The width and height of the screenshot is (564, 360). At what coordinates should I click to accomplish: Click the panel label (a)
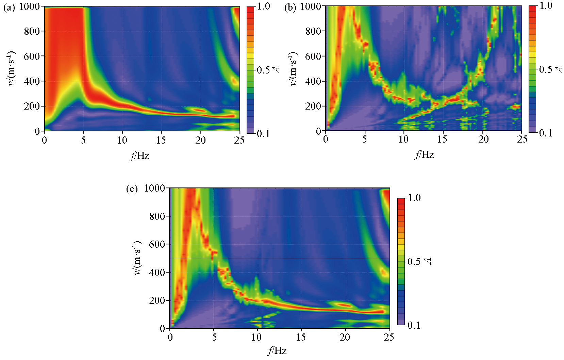[x=9, y=7]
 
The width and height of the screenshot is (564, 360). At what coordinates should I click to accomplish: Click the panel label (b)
[x=290, y=7]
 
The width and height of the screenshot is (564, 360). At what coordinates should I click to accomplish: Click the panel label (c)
[x=132, y=189]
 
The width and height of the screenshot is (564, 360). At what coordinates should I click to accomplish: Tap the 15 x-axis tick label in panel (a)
[x=161, y=140]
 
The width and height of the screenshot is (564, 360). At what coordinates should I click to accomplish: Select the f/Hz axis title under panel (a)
[x=139, y=156]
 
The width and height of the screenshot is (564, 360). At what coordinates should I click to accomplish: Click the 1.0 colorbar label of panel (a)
[x=263, y=6]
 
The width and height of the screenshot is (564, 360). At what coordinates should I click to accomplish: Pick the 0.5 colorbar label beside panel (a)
[x=263, y=70]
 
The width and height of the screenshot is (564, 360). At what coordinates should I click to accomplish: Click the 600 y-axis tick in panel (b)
[x=313, y=56]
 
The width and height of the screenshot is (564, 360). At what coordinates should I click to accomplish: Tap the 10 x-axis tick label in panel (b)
[x=403, y=139]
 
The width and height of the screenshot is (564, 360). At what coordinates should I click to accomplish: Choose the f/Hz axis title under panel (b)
[x=424, y=155]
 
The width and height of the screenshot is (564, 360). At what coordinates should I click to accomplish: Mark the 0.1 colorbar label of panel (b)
[x=545, y=133]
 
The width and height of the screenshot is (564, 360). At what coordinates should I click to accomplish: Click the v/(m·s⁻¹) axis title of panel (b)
[x=293, y=69]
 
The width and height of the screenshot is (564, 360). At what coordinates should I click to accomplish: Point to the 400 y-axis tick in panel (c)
[x=157, y=272]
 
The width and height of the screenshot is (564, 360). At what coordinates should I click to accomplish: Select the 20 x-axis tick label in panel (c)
[x=345, y=337]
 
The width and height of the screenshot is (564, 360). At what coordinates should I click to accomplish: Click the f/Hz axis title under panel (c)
[x=277, y=351]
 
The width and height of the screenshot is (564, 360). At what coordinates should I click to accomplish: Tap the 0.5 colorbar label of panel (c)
[x=414, y=262]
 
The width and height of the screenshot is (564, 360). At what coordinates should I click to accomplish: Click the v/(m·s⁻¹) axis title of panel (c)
[x=137, y=258]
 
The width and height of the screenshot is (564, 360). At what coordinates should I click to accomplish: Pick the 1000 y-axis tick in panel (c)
[x=154, y=188]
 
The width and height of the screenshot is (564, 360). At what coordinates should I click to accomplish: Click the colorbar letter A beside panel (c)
[x=428, y=261]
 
